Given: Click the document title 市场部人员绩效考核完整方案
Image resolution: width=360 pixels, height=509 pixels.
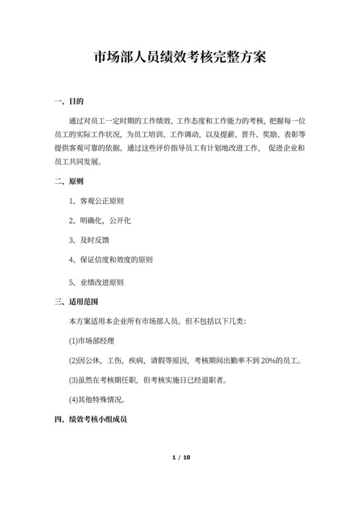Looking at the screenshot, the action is [x=179, y=57].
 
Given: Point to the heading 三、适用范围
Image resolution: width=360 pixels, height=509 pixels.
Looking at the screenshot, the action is [x=77, y=301].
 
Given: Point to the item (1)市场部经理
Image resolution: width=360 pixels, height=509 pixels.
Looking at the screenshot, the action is [x=93, y=340].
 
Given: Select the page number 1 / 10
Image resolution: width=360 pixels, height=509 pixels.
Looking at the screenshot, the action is [x=179, y=458].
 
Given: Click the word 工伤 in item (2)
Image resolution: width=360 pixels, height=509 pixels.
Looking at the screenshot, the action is [x=114, y=360].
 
